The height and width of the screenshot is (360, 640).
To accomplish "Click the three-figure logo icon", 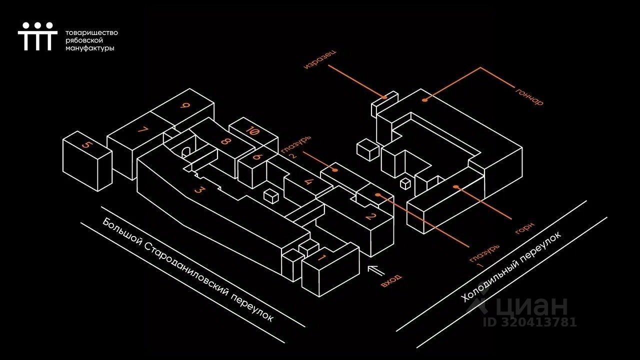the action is point(35,36).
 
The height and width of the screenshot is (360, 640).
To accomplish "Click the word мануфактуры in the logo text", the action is point(90,48).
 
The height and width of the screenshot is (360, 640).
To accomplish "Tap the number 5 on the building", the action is point(87,146).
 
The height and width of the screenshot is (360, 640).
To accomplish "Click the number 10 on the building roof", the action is point(253,132).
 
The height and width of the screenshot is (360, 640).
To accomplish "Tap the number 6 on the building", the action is point(257,156).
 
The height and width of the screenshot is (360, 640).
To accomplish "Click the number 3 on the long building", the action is point(199,189).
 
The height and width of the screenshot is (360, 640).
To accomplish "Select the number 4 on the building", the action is point(310,181).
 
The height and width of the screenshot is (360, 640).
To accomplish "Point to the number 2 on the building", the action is point(370,216).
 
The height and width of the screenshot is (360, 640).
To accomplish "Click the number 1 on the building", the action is point(322,257).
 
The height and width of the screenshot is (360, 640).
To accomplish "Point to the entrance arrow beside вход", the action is point(376,270).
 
